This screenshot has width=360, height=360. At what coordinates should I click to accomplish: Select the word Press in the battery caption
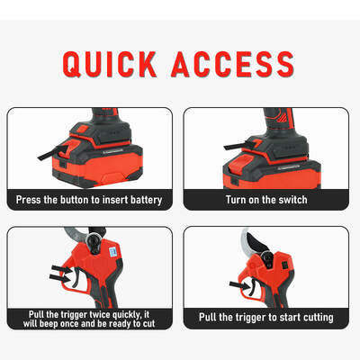tap(35, 200)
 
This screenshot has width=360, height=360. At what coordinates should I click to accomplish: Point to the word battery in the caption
tap(146, 200)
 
